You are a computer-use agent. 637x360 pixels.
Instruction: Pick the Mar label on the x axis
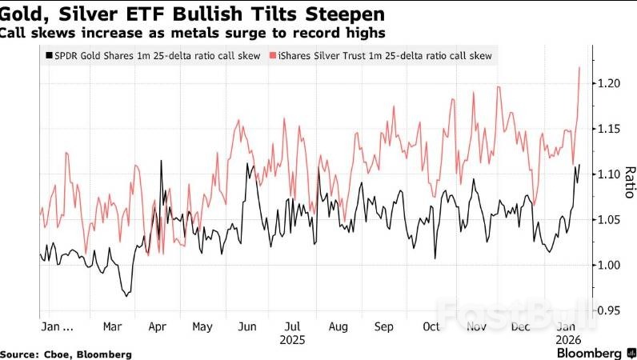[112, 327]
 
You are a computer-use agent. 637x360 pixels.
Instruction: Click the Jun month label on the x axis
[247, 327]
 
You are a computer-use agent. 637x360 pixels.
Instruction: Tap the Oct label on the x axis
[431, 327]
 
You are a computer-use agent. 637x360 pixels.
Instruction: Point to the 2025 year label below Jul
[293, 339]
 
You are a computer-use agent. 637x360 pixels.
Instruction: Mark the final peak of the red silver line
[579, 68]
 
